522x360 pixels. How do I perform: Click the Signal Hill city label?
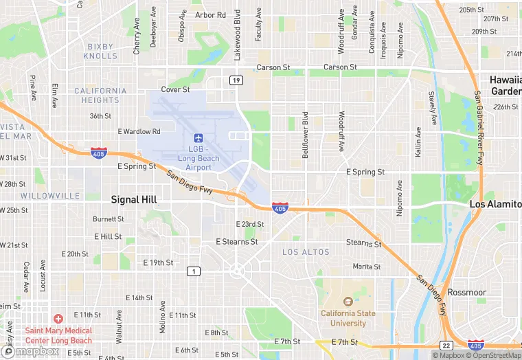click(134, 199)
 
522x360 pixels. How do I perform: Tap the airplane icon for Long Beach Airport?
click(198, 138)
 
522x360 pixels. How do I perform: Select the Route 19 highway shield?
click(236, 81)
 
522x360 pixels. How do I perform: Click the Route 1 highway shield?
click(194, 272)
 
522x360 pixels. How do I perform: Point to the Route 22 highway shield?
click(446, 345)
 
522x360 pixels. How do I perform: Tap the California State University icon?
click(348, 301)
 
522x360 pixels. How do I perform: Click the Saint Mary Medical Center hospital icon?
click(58, 319)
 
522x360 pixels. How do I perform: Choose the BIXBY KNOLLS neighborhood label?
click(101, 52)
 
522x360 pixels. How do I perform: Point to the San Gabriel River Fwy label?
click(477, 128)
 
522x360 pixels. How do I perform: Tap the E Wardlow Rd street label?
click(139, 131)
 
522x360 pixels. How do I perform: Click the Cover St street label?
click(175, 90)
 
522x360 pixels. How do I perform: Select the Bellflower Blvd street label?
click(305, 135)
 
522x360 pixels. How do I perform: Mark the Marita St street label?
click(366, 267)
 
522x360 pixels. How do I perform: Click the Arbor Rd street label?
click(210, 14)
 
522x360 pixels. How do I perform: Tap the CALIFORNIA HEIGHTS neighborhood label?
click(100, 95)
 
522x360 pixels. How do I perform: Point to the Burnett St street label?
click(108, 219)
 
